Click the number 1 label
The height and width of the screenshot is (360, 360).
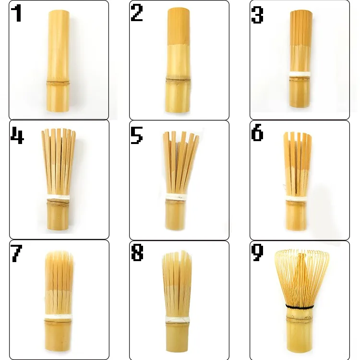tap(17, 13)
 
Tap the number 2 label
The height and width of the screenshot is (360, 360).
tap(137, 13)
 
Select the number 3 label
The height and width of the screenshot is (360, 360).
tap(257, 15)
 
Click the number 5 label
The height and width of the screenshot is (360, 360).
tap(137, 136)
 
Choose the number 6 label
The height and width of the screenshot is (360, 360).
tap(257, 134)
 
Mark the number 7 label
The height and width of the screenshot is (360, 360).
tap(17, 253)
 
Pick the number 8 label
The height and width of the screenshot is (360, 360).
tap(137, 253)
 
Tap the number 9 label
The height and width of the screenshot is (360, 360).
tap(257, 253)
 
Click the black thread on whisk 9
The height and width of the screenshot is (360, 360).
tap(300, 306)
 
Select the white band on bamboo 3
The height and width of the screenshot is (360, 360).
tap(300, 74)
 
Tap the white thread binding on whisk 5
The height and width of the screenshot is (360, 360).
tap(178, 196)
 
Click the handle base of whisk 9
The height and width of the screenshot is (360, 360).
tap(300, 334)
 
